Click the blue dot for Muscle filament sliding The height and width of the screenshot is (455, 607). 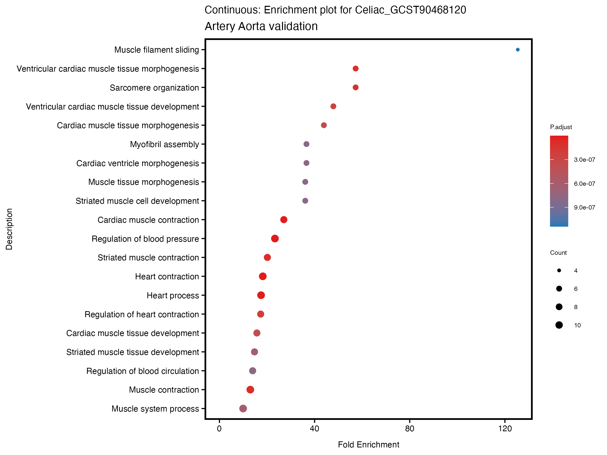coord(517,50)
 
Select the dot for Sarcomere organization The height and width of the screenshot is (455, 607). coord(355,87)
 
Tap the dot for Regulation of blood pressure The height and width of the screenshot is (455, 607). coord(275,239)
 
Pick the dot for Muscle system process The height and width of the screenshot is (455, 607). coord(243,409)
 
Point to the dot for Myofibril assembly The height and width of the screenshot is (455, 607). coord(306,144)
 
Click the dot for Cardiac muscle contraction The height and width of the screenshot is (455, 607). coord(284,220)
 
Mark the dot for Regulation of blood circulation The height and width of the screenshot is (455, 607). coord(252,371)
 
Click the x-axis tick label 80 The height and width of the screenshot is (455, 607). coord(409,429)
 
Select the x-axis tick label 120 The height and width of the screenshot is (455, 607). coord(505,429)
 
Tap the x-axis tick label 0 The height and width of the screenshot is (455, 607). coord(219,429)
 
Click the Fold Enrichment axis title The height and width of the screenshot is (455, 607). coord(368,445)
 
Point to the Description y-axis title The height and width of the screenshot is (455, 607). coord(9,229)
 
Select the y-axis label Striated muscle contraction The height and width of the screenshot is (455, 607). coord(148,258)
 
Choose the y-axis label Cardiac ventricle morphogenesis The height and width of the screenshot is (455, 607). coord(138,164)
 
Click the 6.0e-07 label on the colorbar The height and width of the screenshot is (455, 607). coord(584,184)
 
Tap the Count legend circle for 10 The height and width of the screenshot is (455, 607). coord(559,325)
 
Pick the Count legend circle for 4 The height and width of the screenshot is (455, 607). coord(559,271)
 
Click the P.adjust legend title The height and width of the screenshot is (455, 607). coord(561,127)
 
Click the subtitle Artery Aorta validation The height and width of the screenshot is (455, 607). coord(261,26)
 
